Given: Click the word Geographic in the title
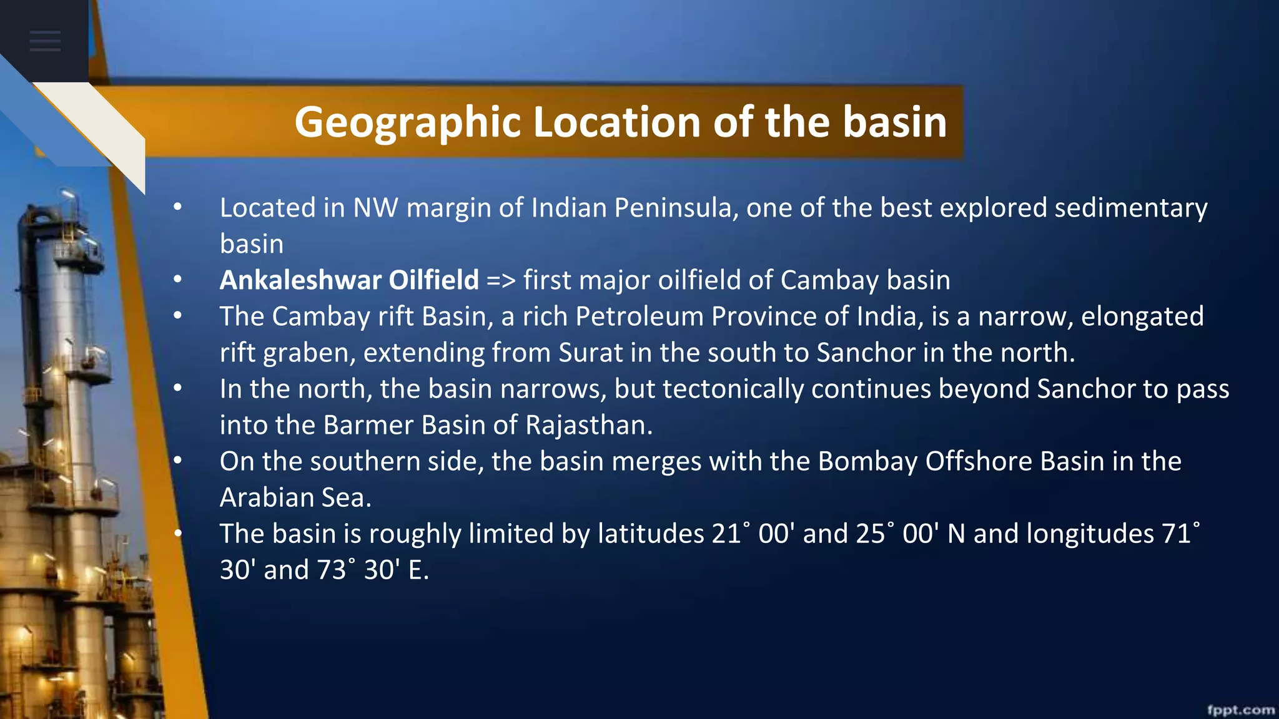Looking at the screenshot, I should tap(407, 122).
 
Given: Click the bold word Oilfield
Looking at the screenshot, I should tap(433, 280).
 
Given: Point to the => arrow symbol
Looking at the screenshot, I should tap(501, 280).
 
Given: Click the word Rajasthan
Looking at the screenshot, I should tap(588, 425).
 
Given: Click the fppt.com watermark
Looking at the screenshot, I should tap(1240, 710).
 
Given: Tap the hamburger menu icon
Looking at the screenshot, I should tap(45, 41).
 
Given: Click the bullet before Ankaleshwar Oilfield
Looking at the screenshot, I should tap(178, 280).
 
